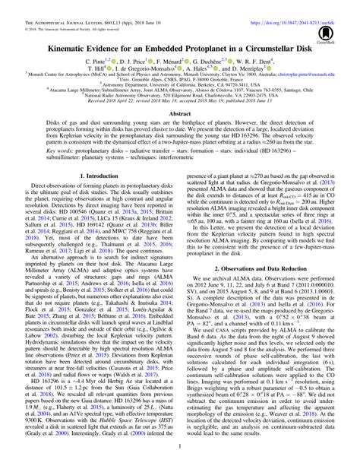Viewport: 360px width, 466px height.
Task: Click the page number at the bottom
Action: pos(180,459)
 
